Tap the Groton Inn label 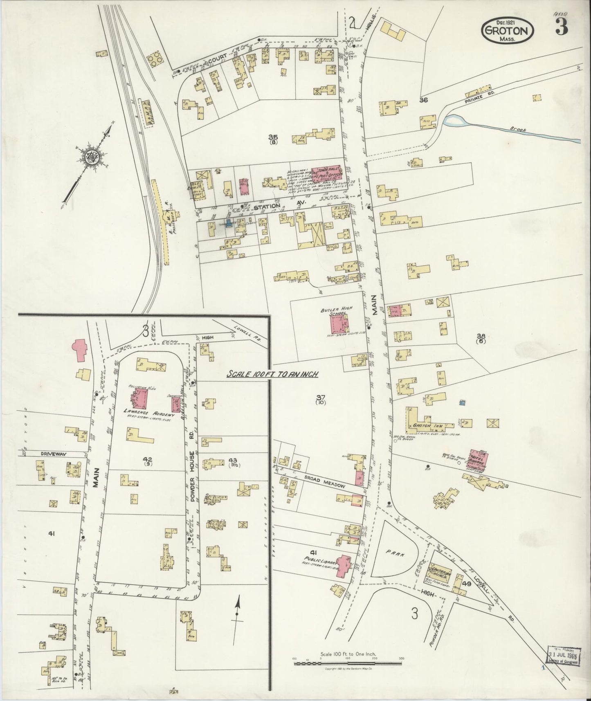click(x=426, y=426)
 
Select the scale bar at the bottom click(x=347, y=663)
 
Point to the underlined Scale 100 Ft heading click(x=273, y=374)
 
